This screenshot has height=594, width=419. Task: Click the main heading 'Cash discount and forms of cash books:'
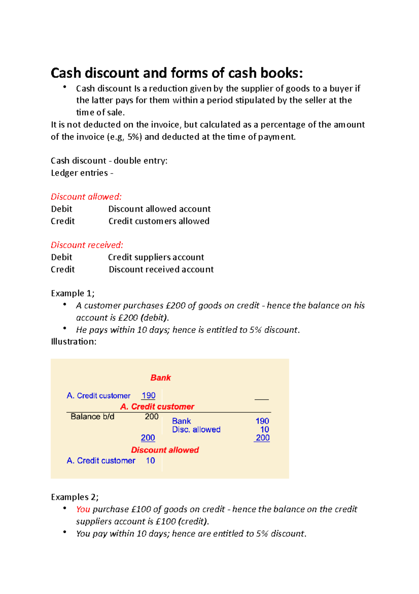(177, 73)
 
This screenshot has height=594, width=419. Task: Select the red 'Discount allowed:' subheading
(86, 197)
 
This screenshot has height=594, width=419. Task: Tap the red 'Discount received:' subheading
(87, 245)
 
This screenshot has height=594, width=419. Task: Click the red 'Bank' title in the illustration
(161, 378)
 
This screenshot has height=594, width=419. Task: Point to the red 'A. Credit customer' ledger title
(157, 407)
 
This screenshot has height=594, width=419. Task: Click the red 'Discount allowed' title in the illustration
(165, 450)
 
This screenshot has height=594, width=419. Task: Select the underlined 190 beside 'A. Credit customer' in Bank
(148, 396)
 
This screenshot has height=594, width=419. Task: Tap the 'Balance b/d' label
(92, 417)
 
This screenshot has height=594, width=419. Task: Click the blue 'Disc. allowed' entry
(196, 430)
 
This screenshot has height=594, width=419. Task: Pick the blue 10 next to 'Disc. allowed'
(264, 430)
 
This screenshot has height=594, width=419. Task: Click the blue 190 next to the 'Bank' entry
(262, 421)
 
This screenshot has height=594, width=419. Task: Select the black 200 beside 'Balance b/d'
(152, 417)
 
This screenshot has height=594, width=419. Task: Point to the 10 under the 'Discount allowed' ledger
(150, 461)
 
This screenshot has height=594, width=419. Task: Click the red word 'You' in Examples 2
(83, 509)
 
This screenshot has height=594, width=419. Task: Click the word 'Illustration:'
(74, 341)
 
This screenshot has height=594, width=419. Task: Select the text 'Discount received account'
(161, 269)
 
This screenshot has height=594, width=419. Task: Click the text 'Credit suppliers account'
(156, 257)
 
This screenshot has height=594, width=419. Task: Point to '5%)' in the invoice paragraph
(135, 137)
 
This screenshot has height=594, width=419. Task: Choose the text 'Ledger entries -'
(82, 173)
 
